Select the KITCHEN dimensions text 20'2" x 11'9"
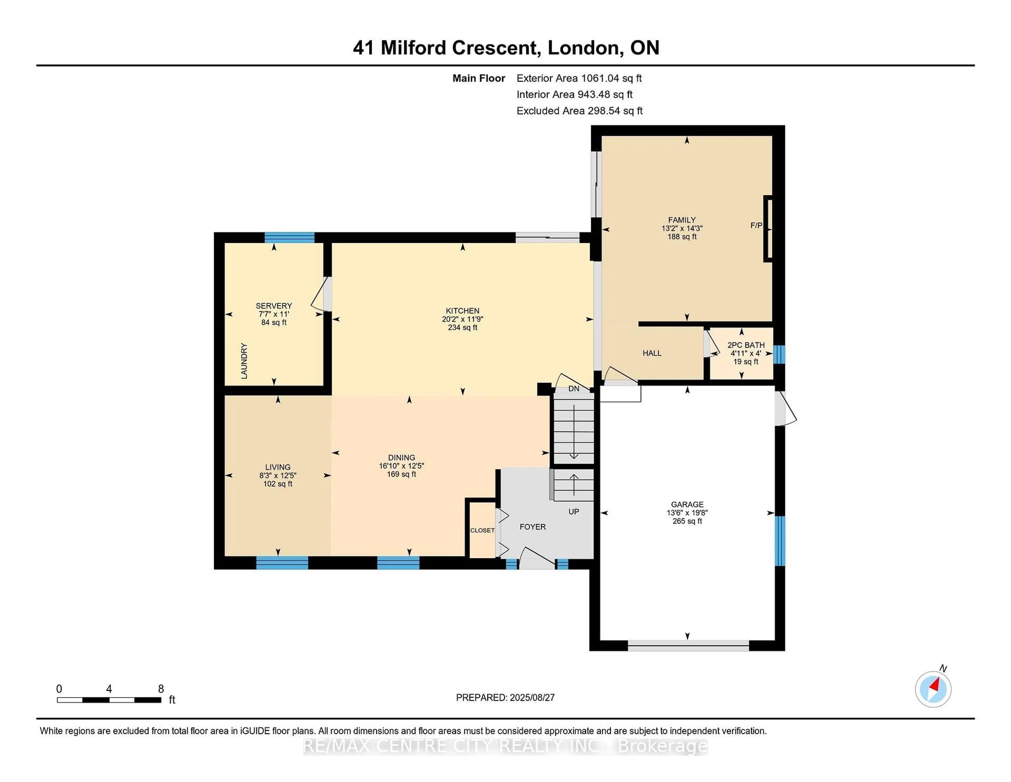coord(462,319)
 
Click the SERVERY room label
coord(274,306)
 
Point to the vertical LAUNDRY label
coord(244,361)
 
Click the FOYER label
coord(532,527)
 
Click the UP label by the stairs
coord(573,511)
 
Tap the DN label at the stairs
coord(573,389)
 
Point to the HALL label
coord(652,353)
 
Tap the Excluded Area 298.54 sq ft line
coord(579,111)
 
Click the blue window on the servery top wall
coord(289,238)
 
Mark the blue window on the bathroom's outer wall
coord(779,354)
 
